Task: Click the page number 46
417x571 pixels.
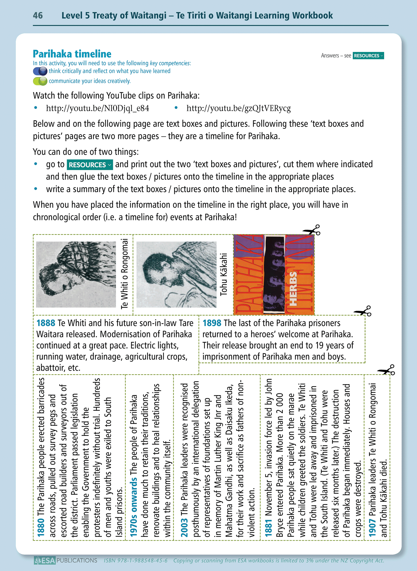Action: click(38, 15)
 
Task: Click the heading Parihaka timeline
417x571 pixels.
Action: click(72, 54)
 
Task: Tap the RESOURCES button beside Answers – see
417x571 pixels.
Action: click(368, 56)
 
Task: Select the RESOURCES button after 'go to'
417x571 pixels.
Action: click(89, 165)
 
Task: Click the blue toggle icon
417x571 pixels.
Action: click(40, 71)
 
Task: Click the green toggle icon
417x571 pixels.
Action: click(40, 81)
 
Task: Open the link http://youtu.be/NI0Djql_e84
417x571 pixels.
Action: click(98, 108)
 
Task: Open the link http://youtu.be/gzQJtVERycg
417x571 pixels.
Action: click(238, 108)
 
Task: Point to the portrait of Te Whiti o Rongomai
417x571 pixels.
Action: click(76, 274)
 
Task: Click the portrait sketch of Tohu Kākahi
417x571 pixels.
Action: click(176, 274)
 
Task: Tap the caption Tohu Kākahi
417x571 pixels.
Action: click(224, 274)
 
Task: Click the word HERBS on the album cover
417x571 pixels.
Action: click(293, 289)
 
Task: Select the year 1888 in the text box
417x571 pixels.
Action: click(46, 323)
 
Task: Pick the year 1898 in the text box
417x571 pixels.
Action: click(212, 323)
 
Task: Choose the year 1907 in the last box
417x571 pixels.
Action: click(372, 528)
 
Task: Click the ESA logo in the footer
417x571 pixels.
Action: click(45, 561)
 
